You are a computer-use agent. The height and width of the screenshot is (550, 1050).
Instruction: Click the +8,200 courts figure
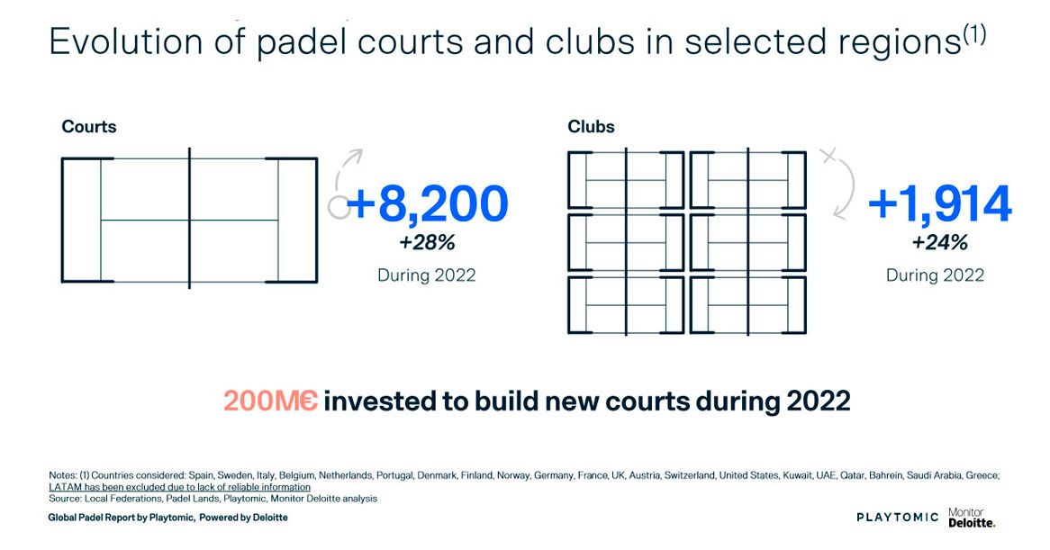pyautogui.click(x=427, y=204)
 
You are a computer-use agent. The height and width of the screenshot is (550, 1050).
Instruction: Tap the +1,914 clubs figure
pyautogui.click(x=939, y=204)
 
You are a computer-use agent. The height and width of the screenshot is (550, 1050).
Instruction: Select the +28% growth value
pyautogui.click(x=427, y=242)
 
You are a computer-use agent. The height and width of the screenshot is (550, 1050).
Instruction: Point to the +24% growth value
pyautogui.click(x=939, y=242)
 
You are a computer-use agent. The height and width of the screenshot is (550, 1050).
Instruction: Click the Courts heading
pyautogui.click(x=89, y=127)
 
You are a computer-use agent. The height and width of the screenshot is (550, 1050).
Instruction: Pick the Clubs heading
pyautogui.click(x=592, y=127)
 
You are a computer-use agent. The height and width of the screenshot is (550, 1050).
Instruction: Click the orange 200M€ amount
pyautogui.click(x=270, y=401)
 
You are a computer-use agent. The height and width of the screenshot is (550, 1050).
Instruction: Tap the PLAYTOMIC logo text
pyautogui.click(x=897, y=518)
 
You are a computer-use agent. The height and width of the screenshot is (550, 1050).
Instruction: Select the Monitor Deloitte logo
pyautogui.click(x=972, y=518)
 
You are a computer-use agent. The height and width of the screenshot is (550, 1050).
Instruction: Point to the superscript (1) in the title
pyautogui.click(x=975, y=33)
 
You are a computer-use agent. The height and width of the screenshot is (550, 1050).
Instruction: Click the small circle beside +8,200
pyautogui.click(x=339, y=207)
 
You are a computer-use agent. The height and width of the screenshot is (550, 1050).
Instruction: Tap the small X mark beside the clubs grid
pyautogui.click(x=828, y=156)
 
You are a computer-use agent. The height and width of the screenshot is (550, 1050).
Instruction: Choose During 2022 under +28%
pyautogui.click(x=427, y=275)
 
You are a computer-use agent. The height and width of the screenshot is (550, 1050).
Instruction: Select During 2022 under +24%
pyautogui.click(x=935, y=275)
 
